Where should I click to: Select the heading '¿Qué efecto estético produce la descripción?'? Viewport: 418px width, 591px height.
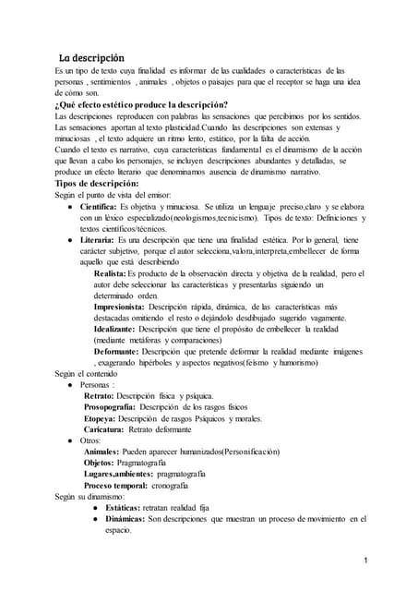coord(142,103)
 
